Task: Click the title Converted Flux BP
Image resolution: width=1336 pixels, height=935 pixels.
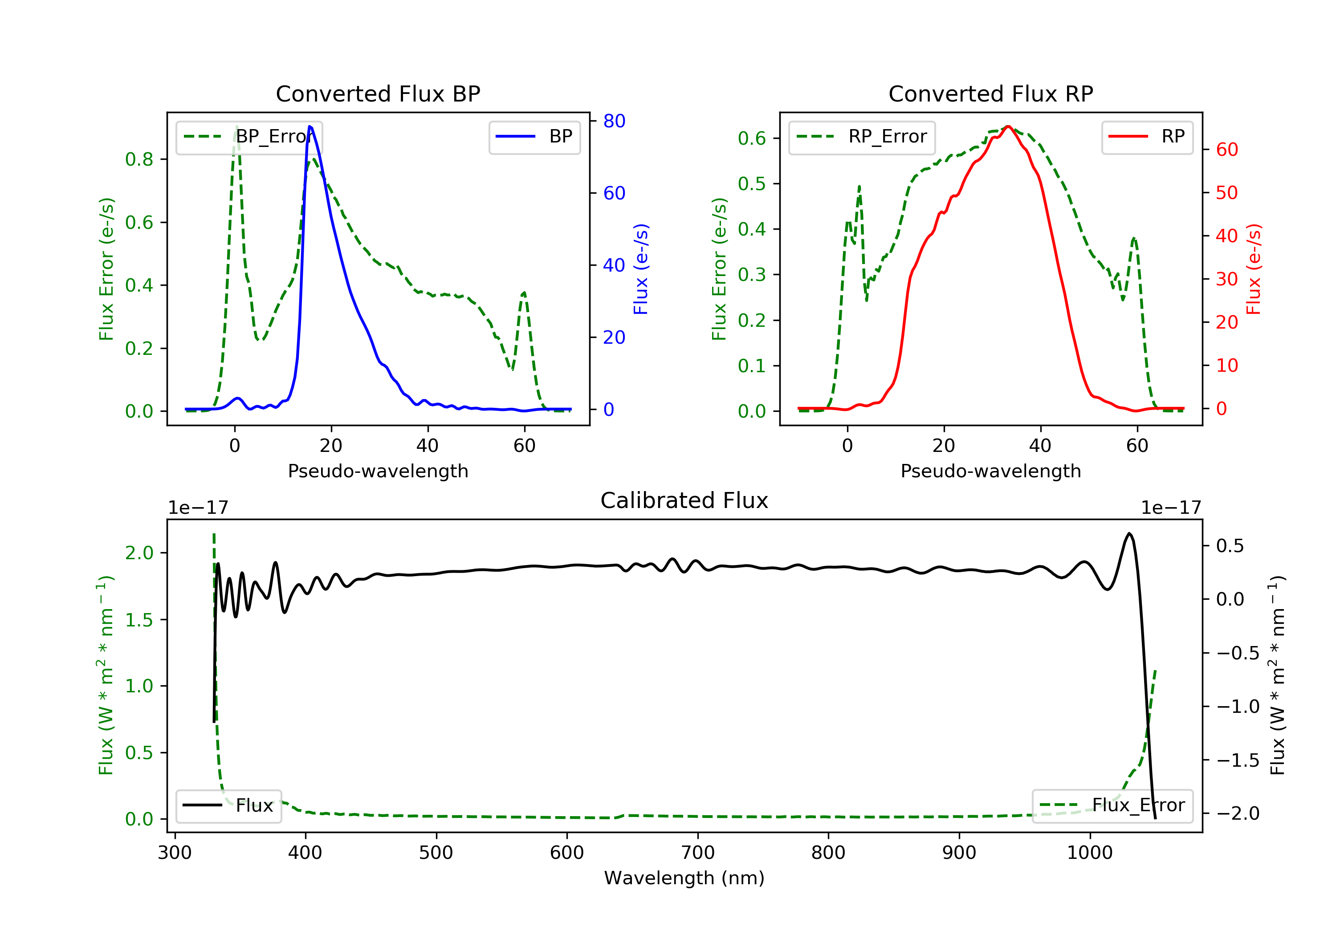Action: click(378, 93)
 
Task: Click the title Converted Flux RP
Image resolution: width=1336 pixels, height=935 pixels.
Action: click(990, 93)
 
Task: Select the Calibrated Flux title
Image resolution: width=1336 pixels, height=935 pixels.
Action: click(684, 500)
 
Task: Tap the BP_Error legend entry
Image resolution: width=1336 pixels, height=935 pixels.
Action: click(248, 137)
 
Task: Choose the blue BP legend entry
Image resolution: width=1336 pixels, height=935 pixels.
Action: click(534, 137)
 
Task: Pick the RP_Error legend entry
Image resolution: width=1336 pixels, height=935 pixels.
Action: click(861, 137)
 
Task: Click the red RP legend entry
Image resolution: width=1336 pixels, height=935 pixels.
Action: click(1147, 137)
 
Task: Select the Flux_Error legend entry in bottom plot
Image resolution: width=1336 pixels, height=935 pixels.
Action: click(1112, 805)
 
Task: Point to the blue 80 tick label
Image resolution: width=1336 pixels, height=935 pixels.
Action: click(614, 121)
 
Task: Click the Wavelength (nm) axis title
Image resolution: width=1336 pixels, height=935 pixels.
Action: click(684, 878)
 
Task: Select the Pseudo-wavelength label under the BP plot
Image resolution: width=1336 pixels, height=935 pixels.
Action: click(378, 471)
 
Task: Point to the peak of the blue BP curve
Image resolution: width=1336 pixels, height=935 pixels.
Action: click(310, 126)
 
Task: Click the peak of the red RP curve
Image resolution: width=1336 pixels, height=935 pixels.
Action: click(1008, 126)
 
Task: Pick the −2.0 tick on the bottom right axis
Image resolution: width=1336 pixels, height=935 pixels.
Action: click(1237, 813)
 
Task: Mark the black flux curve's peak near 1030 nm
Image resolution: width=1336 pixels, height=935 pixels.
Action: click(1129, 533)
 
